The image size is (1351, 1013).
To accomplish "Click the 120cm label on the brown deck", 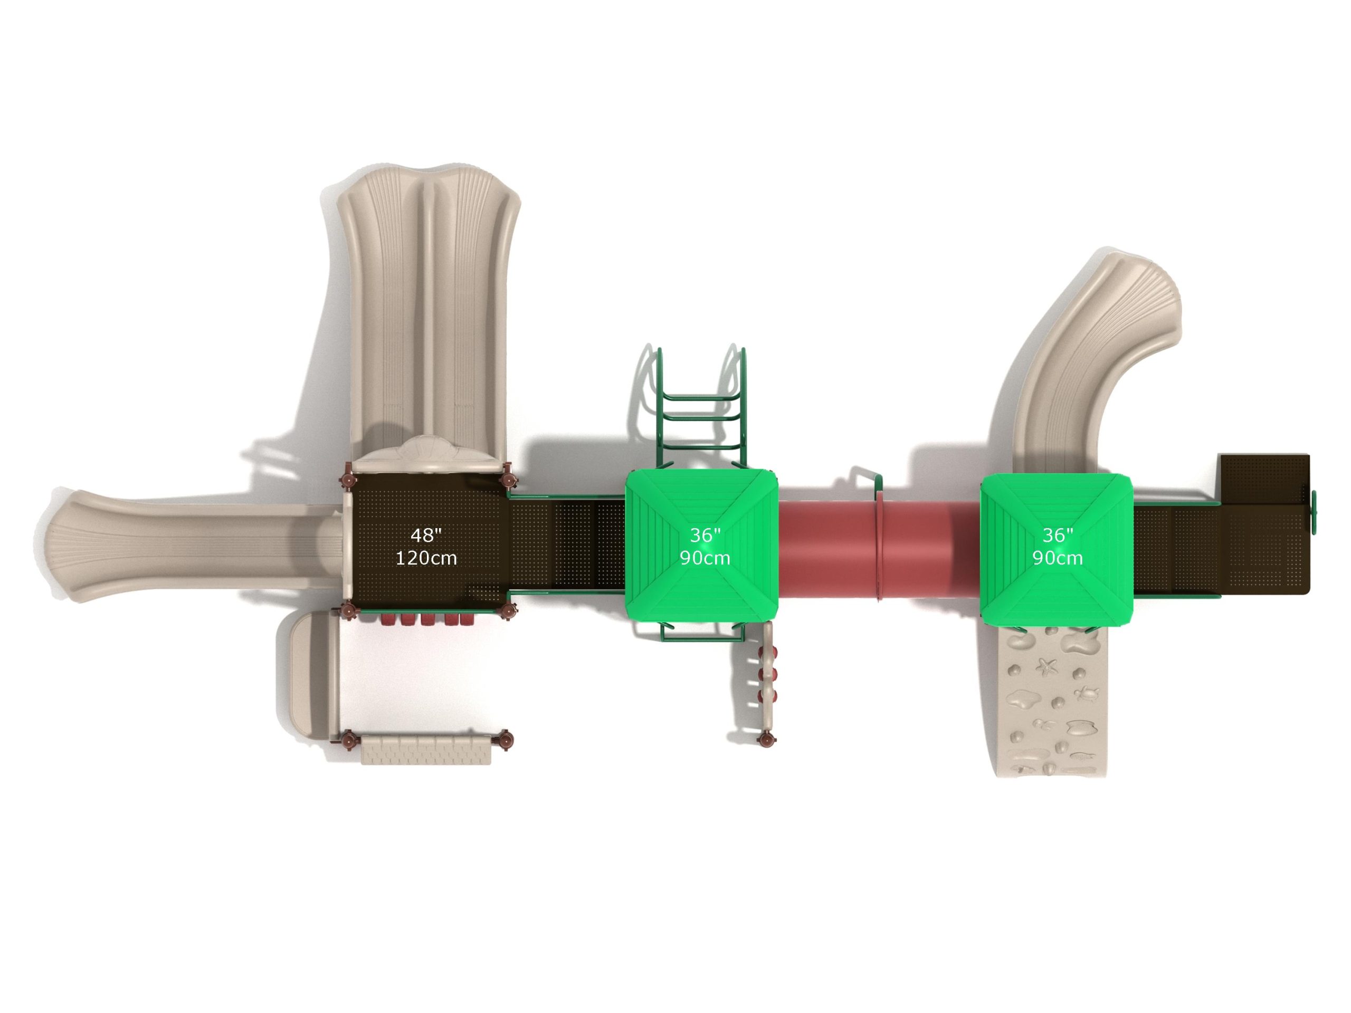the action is coord(426,558).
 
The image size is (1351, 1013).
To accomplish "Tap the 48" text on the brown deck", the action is coord(426,536).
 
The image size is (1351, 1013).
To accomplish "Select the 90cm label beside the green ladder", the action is coord(705,558).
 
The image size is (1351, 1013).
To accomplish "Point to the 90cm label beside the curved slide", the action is coord(1057,558).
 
